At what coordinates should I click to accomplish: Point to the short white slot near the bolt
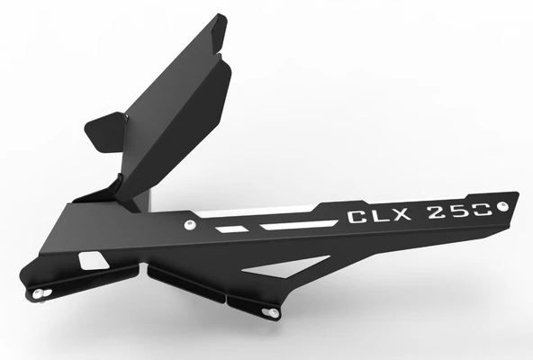pos(230,230)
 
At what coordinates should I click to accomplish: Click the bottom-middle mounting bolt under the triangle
pos(267,312)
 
